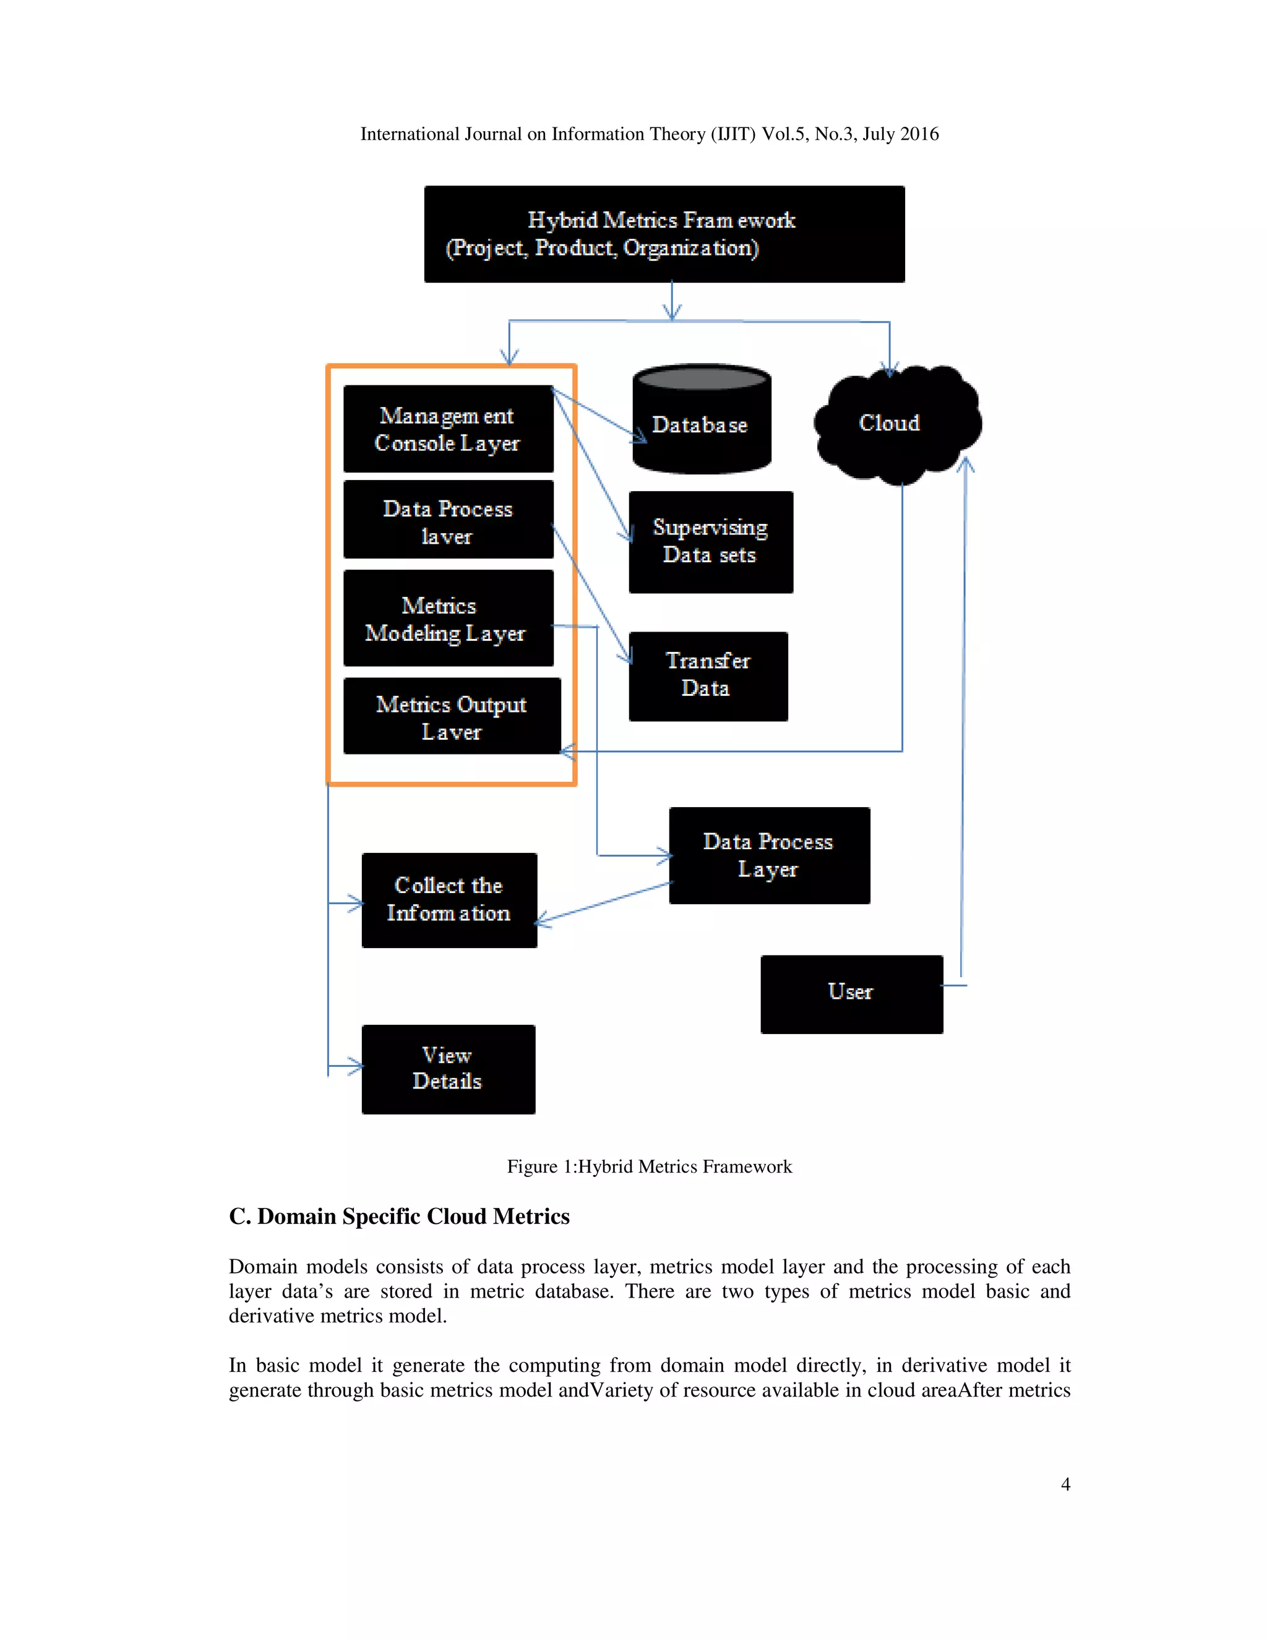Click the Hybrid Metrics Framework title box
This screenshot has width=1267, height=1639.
coord(664,234)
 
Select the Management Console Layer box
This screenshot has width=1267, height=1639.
coord(448,429)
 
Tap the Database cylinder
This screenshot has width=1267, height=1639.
coord(701,424)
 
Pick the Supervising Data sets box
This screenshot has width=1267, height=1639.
coord(710,542)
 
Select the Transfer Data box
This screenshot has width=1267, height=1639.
coord(708,675)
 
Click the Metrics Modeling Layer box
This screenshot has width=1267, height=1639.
coord(448,618)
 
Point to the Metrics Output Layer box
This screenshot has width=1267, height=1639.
coord(451,716)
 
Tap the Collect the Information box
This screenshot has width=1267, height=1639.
coord(449,900)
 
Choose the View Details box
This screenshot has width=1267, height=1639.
coord(448,1069)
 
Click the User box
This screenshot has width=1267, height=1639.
coord(851,994)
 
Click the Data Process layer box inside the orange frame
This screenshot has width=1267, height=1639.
coord(448,520)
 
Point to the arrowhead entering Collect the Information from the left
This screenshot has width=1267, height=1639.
coord(358,904)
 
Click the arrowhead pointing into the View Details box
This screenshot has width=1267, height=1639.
coord(358,1065)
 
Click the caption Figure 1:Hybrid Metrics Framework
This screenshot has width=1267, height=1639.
coord(648,1166)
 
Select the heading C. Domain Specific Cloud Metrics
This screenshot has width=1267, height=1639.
coord(398,1217)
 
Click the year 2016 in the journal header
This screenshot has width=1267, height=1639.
coord(919,134)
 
